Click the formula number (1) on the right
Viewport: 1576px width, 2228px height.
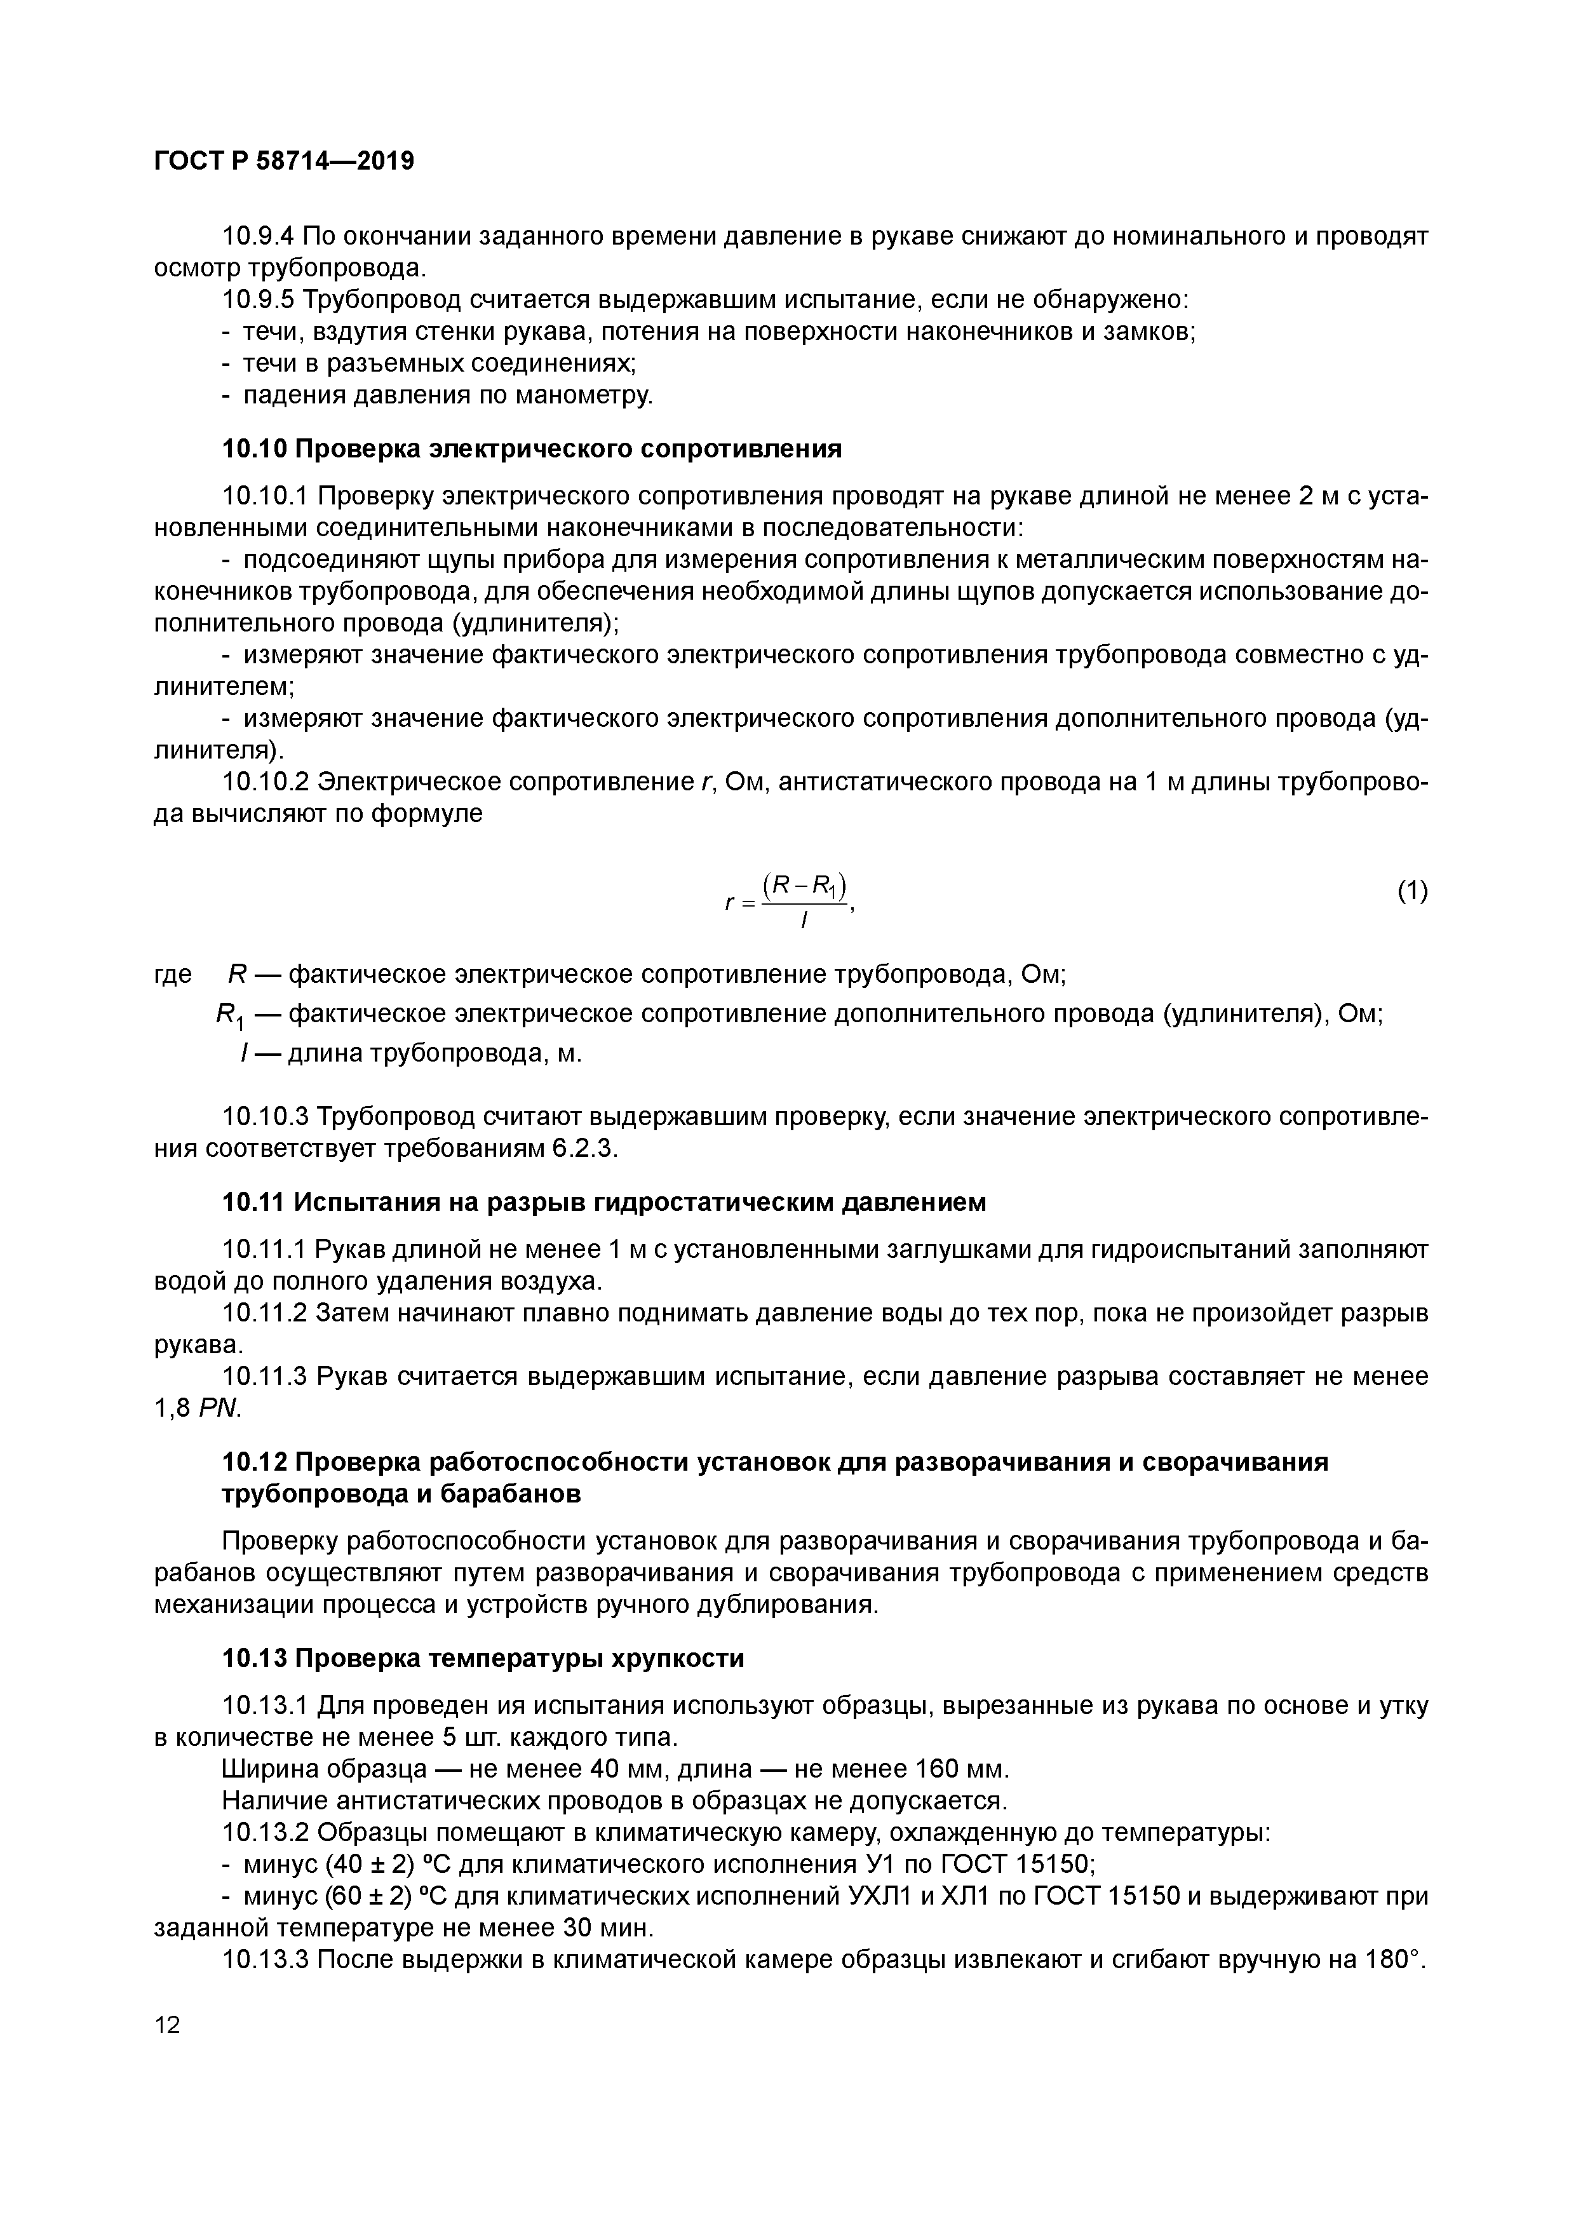click(x=1412, y=890)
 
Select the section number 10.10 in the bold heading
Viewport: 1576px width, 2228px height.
click(x=253, y=449)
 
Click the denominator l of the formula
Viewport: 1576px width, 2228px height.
click(x=804, y=922)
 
